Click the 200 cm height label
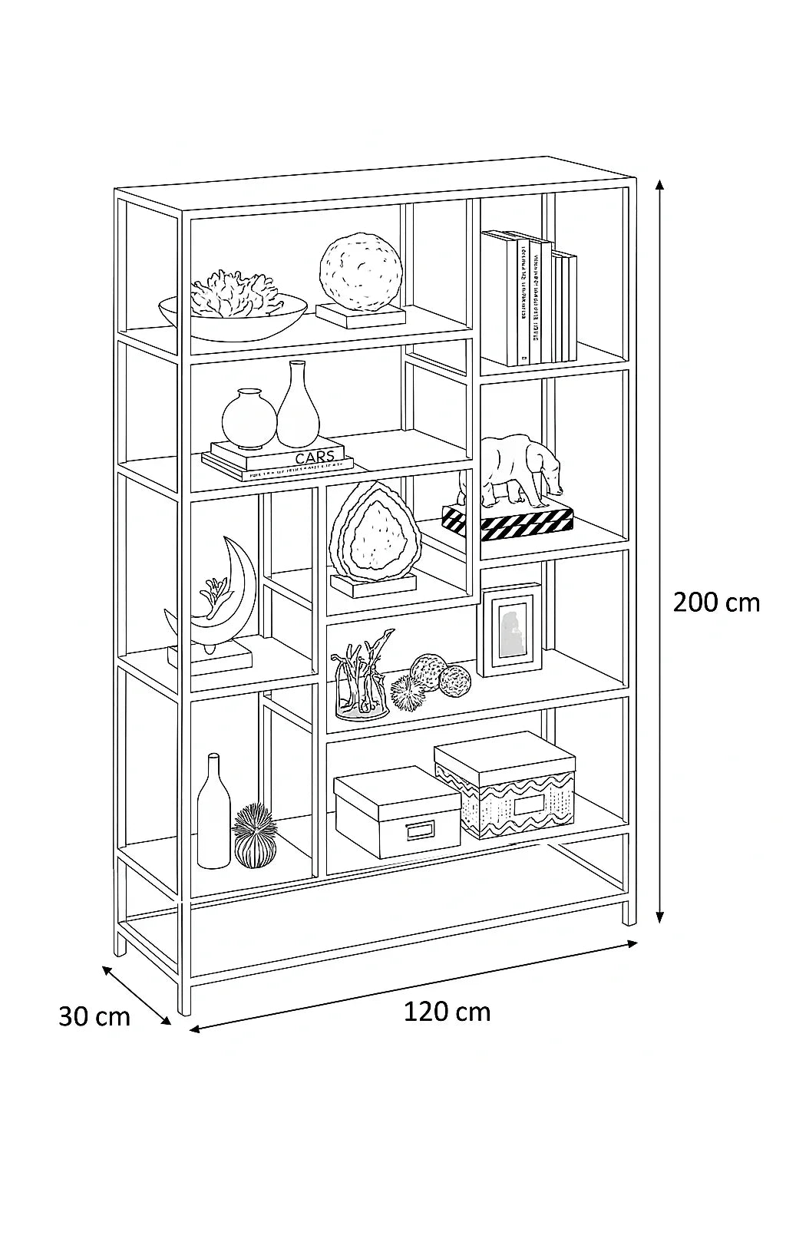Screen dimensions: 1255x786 pos(715,603)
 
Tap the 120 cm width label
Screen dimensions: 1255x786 pos(447,1012)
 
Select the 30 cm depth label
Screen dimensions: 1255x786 pos(94,1016)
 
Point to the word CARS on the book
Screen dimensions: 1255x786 pos(315,457)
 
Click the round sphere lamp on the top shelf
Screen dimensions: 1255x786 pos(361,272)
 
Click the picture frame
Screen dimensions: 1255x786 pos(510,629)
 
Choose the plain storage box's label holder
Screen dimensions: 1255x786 pos(420,832)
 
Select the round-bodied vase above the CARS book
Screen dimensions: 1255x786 pos(249,419)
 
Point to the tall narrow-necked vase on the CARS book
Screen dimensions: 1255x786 pos(298,407)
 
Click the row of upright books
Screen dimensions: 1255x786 pos(530,299)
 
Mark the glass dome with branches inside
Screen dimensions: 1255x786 pos(362,683)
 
